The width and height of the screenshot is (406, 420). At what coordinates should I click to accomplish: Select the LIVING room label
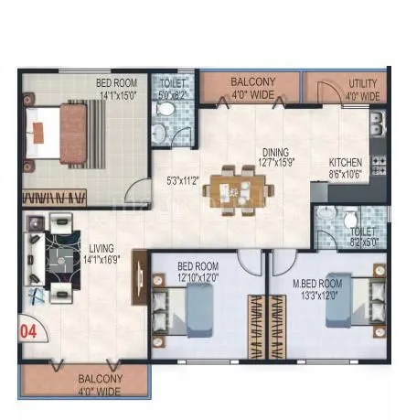pos(101,247)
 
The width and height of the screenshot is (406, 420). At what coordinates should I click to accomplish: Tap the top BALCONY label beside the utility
pos(251,81)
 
